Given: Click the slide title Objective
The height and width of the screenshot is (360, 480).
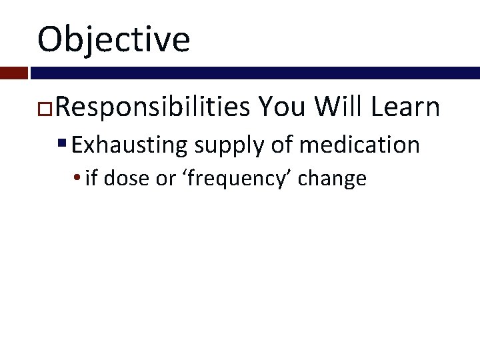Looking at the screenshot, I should pyautogui.click(x=114, y=39).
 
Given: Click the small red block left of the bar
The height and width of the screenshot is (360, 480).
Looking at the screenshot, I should pyautogui.click(x=13, y=73).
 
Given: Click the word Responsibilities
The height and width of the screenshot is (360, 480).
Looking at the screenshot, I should pyautogui.click(x=153, y=106).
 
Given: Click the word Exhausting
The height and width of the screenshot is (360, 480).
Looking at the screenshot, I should pyautogui.click(x=130, y=145).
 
